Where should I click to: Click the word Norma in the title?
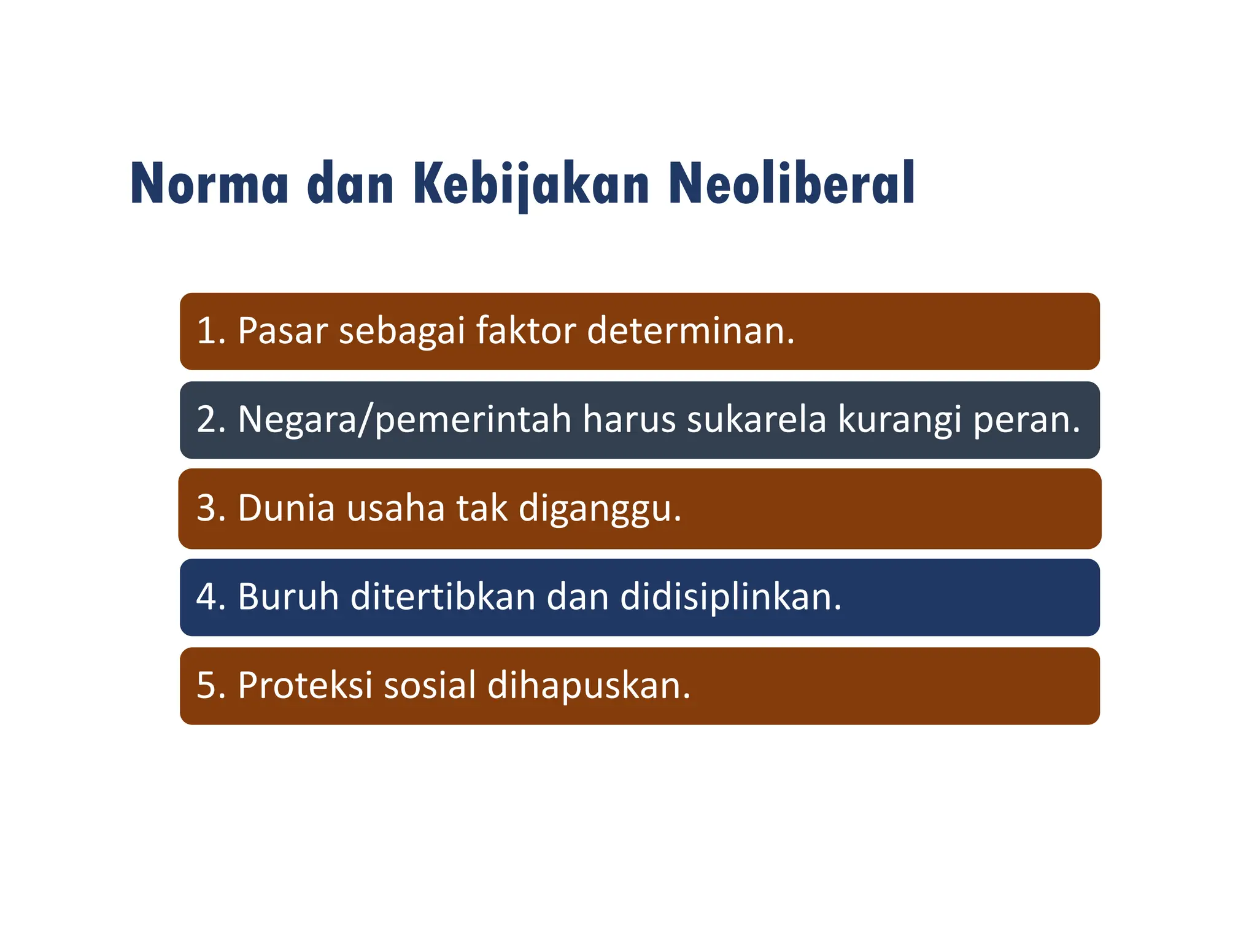tap(209, 184)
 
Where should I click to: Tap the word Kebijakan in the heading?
tap(532, 184)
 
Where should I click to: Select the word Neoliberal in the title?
tap(792, 184)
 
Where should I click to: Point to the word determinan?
tap(690, 331)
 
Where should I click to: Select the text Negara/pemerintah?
tap(404, 421)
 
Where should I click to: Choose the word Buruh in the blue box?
tap(288, 597)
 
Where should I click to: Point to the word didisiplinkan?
tap(730, 597)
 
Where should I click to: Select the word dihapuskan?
tap(589, 685)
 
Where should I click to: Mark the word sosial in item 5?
tap(430, 685)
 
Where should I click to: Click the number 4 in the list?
tap(207, 597)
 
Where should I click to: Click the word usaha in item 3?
tap(395, 509)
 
